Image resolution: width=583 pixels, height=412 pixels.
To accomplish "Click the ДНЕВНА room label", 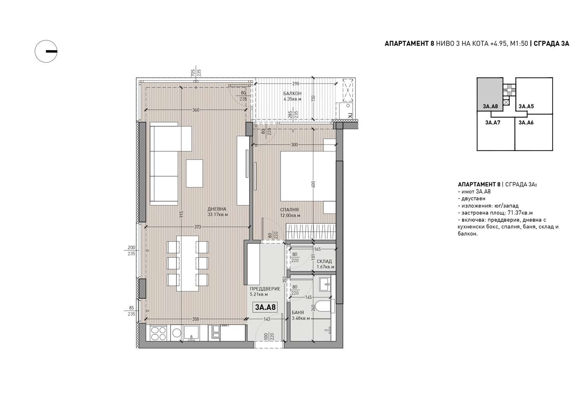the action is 217,209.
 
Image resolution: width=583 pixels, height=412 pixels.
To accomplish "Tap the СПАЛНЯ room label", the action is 289,210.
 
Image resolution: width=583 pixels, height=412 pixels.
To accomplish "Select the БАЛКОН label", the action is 292,93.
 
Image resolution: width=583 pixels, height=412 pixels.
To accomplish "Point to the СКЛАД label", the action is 324,261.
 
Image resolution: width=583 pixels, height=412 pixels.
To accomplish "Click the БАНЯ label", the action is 298,313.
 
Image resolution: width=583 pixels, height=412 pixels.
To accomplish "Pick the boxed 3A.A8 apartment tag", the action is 265,307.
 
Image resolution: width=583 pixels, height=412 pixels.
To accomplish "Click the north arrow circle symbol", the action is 46,51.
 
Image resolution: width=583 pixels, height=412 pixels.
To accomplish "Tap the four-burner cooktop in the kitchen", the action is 159,334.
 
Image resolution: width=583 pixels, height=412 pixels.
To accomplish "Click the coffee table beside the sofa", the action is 194,173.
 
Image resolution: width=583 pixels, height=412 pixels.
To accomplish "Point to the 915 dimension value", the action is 182,214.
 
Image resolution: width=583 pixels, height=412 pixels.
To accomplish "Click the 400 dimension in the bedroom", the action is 313,184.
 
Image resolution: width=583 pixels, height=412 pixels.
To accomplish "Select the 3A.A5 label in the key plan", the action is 526,106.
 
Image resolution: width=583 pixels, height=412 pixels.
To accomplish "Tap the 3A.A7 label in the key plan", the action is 493,122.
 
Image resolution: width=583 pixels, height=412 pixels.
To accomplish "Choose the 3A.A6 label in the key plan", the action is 526,122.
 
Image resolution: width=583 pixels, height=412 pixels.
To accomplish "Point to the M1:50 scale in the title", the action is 519,43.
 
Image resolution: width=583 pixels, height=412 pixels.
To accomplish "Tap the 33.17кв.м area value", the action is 218,215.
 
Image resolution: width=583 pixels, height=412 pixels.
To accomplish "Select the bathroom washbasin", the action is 325,284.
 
